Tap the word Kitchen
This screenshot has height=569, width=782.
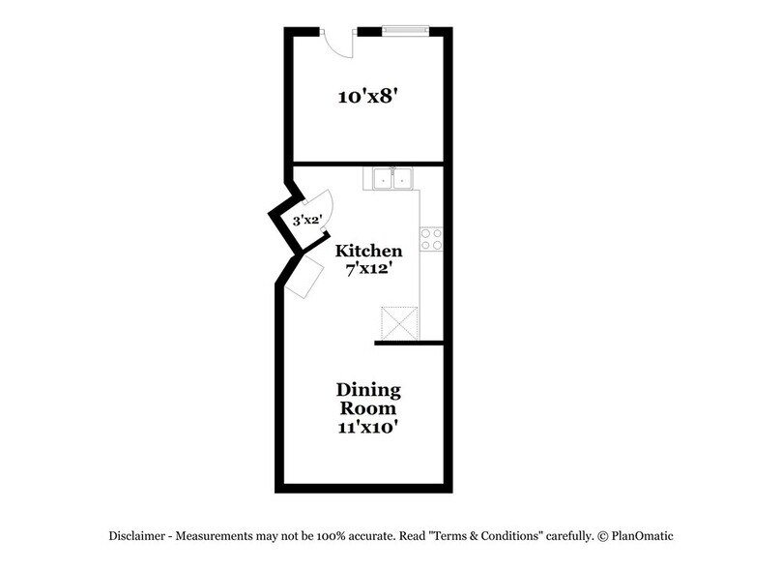click(x=368, y=251)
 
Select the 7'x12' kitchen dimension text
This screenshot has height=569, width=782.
click(x=368, y=269)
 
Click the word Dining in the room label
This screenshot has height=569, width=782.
click(x=368, y=390)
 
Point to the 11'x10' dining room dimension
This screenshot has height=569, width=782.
click(x=368, y=426)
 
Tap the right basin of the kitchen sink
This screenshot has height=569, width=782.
click(x=402, y=178)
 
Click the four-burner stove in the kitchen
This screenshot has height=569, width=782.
click(x=431, y=239)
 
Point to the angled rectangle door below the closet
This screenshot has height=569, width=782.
click(x=306, y=279)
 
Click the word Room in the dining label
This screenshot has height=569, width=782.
click(x=368, y=407)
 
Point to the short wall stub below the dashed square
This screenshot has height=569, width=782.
click(x=408, y=342)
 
